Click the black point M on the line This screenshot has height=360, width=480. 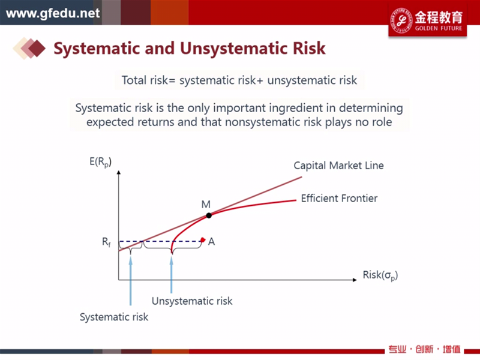(209, 215)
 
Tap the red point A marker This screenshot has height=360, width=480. (203, 239)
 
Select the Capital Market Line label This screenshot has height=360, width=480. (338, 166)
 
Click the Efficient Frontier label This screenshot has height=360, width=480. (339, 199)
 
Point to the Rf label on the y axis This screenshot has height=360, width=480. (106, 242)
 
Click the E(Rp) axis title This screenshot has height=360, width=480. (100, 162)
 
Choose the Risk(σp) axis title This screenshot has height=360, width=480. (380, 275)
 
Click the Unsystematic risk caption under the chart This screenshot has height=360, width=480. (192, 301)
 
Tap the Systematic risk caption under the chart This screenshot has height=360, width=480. (114, 317)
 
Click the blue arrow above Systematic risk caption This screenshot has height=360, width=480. (131, 281)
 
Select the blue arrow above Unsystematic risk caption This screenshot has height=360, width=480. (172, 275)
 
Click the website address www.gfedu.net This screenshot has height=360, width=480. (53, 13)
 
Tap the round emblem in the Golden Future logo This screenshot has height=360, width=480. (401, 20)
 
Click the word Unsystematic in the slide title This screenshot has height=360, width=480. (234, 49)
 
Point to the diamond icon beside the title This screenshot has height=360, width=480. (29, 48)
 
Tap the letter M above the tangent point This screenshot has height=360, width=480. (206, 204)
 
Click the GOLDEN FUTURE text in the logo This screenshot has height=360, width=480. (439, 28)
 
